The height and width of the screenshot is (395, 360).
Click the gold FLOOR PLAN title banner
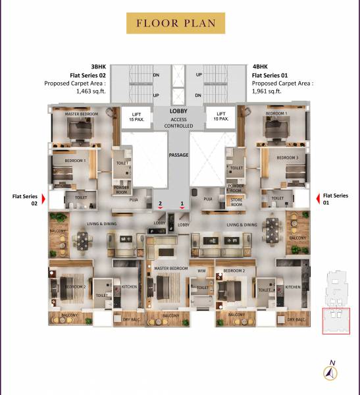point(176,24)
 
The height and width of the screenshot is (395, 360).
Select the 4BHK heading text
point(261,66)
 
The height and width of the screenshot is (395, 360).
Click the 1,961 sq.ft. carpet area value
point(267,92)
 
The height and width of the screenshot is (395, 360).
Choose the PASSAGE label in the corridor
point(178,155)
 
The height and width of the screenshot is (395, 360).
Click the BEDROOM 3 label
point(287,158)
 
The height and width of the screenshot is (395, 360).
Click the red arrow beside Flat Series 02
point(44,198)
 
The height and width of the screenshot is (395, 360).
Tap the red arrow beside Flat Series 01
point(317,198)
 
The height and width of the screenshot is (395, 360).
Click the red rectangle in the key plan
point(336,321)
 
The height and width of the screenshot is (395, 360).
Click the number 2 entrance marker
point(160,205)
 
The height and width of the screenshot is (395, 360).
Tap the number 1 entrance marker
point(182,205)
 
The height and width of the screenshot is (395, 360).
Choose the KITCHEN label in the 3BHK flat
point(129,287)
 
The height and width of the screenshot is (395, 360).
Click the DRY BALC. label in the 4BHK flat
point(296,320)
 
